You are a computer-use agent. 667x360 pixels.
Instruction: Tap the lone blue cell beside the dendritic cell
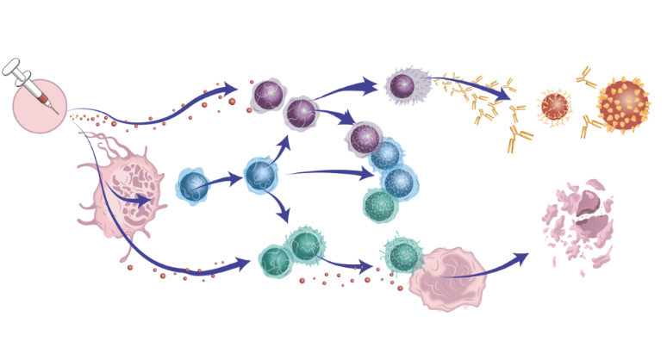click(x=193, y=186)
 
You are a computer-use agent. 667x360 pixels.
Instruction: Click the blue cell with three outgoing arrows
click(x=260, y=175)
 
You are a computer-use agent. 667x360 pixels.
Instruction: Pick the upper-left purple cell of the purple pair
click(x=268, y=94)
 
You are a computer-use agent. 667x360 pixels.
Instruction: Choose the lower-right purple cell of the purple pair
click(x=301, y=111)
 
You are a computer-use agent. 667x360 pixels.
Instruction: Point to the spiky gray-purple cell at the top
click(x=402, y=85)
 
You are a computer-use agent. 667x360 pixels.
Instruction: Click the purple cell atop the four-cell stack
click(x=365, y=137)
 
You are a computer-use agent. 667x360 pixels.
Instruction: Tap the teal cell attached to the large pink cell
click(x=402, y=256)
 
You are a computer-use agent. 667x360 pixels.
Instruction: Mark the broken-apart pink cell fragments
click(x=579, y=223)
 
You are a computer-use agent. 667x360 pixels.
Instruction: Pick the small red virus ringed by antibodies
click(x=555, y=106)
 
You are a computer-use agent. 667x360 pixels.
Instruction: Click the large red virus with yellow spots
click(x=624, y=104)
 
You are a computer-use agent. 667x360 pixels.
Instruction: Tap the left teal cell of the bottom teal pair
click(x=275, y=258)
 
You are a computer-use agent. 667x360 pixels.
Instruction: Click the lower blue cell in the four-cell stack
click(x=398, y=182)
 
